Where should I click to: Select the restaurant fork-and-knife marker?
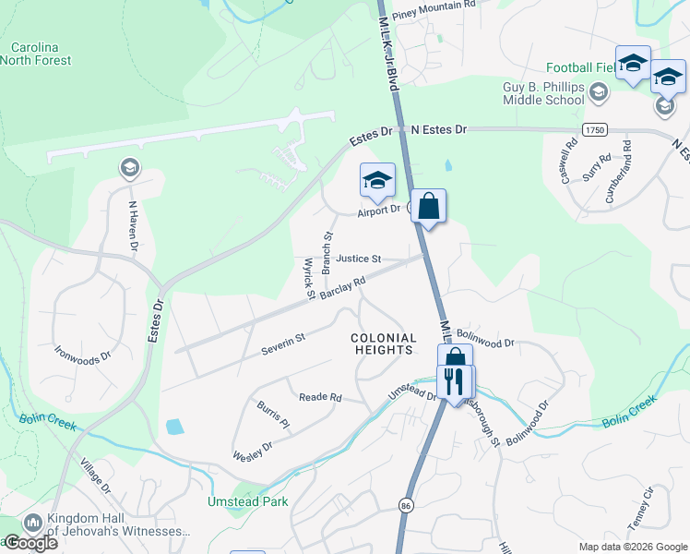453,381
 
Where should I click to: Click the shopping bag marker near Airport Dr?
429,207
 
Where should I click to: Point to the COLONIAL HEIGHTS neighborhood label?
384,344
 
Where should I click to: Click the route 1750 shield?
594,131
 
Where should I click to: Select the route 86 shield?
406,506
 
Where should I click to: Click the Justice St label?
358,259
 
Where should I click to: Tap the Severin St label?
282,344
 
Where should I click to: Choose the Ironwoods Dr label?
82,354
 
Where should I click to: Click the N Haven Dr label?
133,226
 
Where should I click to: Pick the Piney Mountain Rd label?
433,6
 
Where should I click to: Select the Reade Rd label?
320,397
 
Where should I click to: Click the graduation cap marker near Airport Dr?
377,180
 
